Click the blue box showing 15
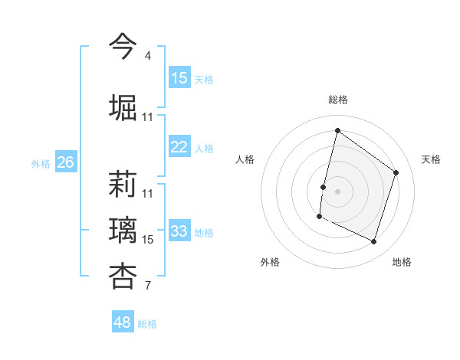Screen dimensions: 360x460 [179, 78]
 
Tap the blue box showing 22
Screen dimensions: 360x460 [179, 148]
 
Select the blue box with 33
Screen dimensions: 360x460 [179, 231]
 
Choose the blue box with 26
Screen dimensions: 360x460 [65, 162]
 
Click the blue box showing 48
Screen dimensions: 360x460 [123, 322]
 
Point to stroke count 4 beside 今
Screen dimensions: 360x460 [147, 56]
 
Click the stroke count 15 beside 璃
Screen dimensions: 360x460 [148, 240]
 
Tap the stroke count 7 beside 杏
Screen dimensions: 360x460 [147, 286]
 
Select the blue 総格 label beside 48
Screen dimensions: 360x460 [147, 324]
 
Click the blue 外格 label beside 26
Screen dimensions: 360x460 [41, 163]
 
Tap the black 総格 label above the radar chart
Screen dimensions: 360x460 [337, 100]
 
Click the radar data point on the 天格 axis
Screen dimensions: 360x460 [396, 172]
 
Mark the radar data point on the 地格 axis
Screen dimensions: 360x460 [374, 242]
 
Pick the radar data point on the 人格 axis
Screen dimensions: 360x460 [324, 187]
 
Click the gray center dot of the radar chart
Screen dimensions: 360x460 [337, 191]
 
